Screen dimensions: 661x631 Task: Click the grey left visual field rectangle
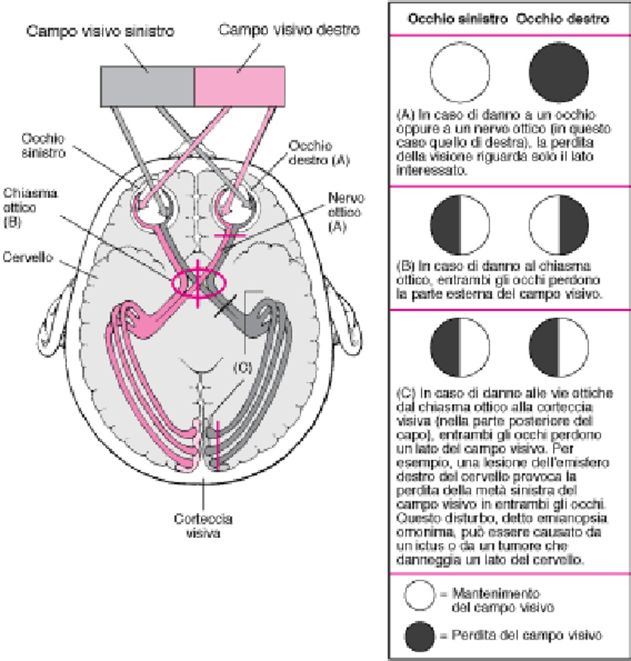147,87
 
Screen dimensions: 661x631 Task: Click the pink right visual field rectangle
240,87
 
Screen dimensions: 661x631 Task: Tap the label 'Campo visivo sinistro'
100,32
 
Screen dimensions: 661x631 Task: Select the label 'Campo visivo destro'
289,29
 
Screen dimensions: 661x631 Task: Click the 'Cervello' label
27,257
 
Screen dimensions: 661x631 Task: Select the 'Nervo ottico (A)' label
345,212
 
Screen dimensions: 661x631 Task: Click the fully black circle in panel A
558,72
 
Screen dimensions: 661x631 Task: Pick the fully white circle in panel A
460,72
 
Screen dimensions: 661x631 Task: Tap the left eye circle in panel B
460,225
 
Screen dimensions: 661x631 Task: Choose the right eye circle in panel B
558,225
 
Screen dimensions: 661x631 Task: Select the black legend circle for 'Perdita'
420,636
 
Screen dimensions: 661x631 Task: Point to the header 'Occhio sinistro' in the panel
457,19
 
